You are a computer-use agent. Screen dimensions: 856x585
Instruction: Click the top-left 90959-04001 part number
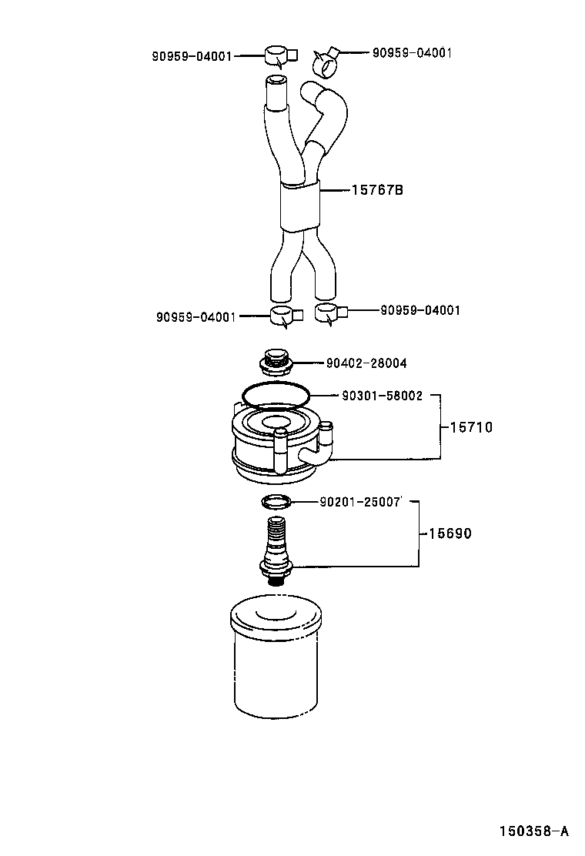point(191,56)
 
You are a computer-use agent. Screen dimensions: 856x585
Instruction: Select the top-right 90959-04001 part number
point(412,53)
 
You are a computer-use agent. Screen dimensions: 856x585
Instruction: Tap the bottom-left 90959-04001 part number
point(196,316)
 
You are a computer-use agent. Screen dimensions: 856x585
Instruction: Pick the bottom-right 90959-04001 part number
point(420,310)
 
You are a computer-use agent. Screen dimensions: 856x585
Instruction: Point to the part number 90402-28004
point(367,363)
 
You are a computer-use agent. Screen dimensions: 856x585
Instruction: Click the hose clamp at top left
point(277,56)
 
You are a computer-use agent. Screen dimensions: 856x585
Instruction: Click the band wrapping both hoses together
point(299,206)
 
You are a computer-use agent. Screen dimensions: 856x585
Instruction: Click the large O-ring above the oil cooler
point(276,395)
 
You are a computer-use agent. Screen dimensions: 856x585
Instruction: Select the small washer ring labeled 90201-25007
point(276,503)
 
